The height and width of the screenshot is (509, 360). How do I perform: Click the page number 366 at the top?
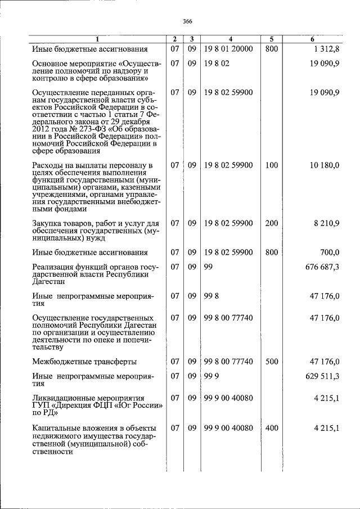point(187,21)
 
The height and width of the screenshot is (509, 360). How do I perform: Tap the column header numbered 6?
point(312,39)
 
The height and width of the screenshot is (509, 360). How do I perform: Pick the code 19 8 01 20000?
point(228,49)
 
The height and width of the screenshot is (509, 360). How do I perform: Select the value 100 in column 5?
point(271,165)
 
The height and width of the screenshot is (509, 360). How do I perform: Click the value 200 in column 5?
point(271,223)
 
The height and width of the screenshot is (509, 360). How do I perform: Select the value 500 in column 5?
point(271,362)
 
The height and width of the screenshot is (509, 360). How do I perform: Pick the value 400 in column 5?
point(271,428)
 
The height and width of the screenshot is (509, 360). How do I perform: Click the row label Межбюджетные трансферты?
point(84,362)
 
